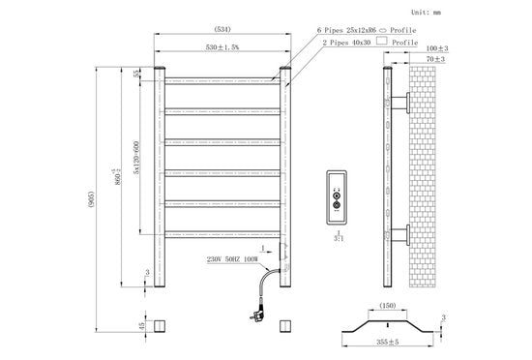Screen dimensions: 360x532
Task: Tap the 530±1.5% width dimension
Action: [222, 46]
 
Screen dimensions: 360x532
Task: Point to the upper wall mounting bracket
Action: [403, 102]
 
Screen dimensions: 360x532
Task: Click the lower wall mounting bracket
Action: [403, 232]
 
